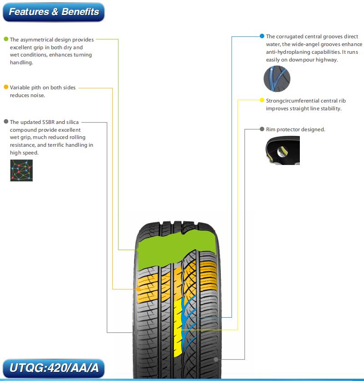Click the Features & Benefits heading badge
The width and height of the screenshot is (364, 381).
[54, 12]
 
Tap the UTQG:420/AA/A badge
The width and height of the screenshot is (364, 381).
[54, 368]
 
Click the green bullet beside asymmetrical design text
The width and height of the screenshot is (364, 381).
[6, 39]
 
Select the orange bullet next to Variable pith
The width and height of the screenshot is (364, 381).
[6, 87]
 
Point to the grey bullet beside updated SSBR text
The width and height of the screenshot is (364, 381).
[6, 122]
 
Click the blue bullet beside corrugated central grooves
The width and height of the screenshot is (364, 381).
[262, 36]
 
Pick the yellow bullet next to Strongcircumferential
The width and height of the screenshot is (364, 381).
[262, 100]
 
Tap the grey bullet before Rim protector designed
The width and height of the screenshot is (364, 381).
[262, 129]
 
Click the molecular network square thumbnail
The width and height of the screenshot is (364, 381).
[21, 170]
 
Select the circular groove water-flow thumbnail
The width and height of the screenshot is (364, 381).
[277, 79]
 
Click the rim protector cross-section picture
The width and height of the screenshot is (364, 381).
[283, 150]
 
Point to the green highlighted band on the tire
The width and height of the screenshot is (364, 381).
[177, 249]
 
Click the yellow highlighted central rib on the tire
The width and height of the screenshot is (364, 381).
[178, 328]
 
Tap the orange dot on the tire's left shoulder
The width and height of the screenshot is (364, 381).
[138, 289]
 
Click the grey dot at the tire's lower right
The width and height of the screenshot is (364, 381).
[216, 360]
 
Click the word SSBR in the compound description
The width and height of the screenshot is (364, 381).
[48, 122]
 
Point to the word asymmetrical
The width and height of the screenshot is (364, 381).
[37, 40]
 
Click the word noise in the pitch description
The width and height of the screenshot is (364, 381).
[38, 95]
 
